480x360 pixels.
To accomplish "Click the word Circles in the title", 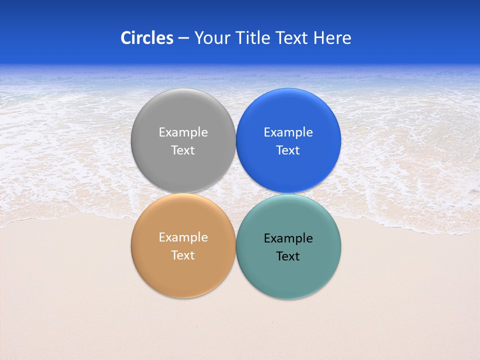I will (x=147, y=38).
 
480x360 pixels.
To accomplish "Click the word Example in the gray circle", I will (x=183, y=132).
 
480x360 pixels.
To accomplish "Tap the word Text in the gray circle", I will (x=183, y=150).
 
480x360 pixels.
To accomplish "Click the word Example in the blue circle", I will (x=288, y=132).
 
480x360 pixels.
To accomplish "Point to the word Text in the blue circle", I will (x=288, y=150).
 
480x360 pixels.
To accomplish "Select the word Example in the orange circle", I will (x=183, y=237).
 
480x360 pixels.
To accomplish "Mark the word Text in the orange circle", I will (x=183, y=255).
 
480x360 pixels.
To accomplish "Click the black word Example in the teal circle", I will (x=288, y=238).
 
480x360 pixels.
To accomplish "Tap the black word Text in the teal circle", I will (x=288, y=256).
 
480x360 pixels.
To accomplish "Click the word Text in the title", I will (x=292, y=38).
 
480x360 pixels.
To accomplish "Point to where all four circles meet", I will (x=236, y=193).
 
